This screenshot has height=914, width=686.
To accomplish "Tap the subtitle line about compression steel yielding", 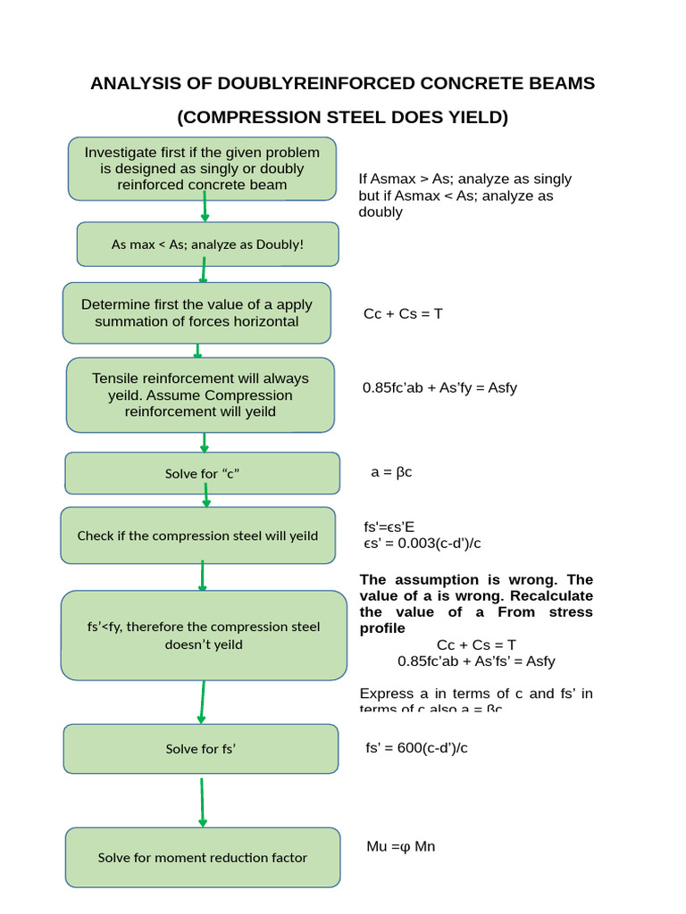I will [342, 117].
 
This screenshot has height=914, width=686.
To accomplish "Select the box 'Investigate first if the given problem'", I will [202, 169].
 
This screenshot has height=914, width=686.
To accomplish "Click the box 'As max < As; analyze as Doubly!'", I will [207, 245].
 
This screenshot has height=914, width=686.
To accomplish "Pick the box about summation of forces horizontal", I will [197, 312].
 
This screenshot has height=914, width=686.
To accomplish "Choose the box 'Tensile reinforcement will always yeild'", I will [200, 395].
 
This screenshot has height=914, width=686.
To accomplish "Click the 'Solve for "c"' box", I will [202, 473].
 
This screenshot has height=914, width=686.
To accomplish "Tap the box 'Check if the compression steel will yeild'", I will [197, 536].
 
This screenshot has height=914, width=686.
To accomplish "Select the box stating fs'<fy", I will [204, 635].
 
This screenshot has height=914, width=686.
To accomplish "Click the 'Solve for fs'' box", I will [201, 749].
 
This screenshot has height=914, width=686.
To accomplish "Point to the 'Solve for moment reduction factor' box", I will [203, 857].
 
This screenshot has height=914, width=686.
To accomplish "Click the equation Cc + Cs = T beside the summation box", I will [403, 313].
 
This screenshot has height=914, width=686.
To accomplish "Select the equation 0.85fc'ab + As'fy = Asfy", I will [439, 387].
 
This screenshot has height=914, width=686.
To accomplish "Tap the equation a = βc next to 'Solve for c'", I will [391, 471].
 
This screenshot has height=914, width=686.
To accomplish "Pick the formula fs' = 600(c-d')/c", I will [416, 748].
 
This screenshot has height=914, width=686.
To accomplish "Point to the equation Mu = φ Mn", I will [401, 846].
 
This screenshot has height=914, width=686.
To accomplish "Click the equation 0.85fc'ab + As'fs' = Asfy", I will [476, 661].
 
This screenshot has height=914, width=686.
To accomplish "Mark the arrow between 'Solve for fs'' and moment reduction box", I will [203, 801].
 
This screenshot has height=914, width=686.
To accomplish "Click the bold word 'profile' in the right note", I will [381, 628].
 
